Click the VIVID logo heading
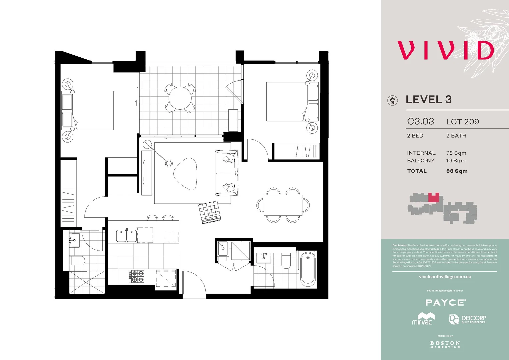pos(445,51)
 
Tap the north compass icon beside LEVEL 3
pos(393,100)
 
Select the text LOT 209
pos(462,122)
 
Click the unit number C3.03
pos(420,122)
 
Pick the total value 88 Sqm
pos(457,171)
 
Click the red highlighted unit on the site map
pos(433,198)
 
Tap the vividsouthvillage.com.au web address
pos(445,277)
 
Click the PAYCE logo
pos(445,303)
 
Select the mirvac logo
pos(423,319)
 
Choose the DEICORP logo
pos(467,319)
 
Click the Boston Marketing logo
pos(445,344)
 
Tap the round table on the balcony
pos(180,98)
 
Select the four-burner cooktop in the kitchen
pos(136,276)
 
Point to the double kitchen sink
pos(126,236)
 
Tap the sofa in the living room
pos(227,173)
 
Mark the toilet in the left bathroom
pos(77,260)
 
